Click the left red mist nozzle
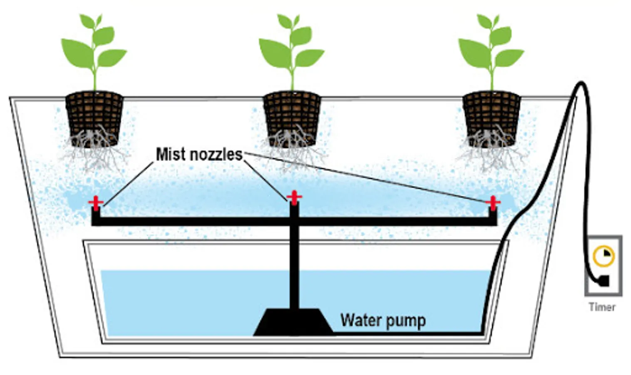click(x=96, y=203)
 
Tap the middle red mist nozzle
click(x=294, y=197)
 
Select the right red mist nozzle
click(x=493, y=203)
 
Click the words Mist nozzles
click(x=199, y=155)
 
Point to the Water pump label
click(x=383, y=320)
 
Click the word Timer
click(x=602, y=307)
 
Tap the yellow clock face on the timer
click(x=603, y=256)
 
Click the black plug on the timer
click(x=603, y=280)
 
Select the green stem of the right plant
click(x=492, y=77)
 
